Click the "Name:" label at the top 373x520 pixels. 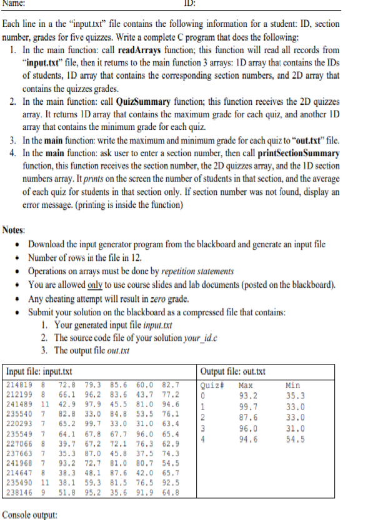(x=14, y=4)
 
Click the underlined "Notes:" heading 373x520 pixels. (x=14, y=230)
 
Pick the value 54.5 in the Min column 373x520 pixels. (x=294, y=438)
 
